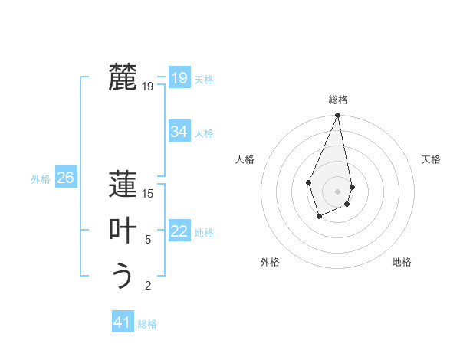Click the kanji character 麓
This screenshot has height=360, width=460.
pyautogui.click(x=123, y=77)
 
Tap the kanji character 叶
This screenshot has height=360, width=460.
pyautogui.click(x=123, y=230)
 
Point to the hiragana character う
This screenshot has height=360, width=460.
pyautogui.click(x=123, y=276)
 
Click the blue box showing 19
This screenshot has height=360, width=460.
pyautogui.click(x=179, y=78)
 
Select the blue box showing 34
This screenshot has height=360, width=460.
pyautogui.click(x=179, y=132)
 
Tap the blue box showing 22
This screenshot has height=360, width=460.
pyautogui.click(x=179, y=231)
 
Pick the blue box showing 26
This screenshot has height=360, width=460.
pyautogui.click(x=65, y=178)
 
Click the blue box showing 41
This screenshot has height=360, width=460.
pyautogui.click(x=122, y=322)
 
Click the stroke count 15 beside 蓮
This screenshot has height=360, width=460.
pyautogui.click(x=148, y=194)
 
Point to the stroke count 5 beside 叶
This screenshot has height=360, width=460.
pyautogui.click(x=148, y=240)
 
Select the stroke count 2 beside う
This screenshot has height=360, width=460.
pyautogui.click(x=148, y=286)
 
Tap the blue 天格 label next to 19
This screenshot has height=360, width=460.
pyautogui.click(x=204, y=80)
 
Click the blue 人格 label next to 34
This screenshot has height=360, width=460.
pyautogui.click(x=204, y=133)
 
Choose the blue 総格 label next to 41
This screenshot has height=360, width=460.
pyautogui.click(x=147, y=324)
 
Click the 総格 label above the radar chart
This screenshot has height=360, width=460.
pyautogui.click(x=337, y=100)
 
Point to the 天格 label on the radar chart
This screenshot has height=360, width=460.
pyautogui.click(x=431, y=159)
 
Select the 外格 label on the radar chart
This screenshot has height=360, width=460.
pyautogui.click(x=269, y=262)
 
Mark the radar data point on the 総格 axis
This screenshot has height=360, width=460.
pyautogui.click(x=337, y=116)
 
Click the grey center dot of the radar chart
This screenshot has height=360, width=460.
pyautogui.click(x=337, y=191)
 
